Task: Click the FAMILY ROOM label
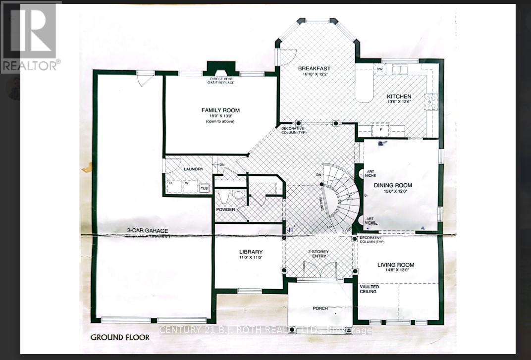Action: (x=220, y=110)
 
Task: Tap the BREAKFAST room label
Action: (x=314, y=68)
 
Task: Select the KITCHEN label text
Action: (x=399, y=96)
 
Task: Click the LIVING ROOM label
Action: (x=396, y=265)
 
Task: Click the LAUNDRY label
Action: (x=193, y=169)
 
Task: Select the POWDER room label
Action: (x=225, y=209)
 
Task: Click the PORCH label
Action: (x=320, y=309)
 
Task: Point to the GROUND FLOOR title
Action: (x=119, y=338)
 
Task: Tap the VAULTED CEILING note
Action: (x=370, y=289)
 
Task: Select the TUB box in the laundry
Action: (x=204, y=188)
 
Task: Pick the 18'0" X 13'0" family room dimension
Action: (x=220, y=116)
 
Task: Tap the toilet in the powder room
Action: (x=222, y=198)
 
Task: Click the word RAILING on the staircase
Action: (x=321, y=204)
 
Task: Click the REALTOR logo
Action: (x=31, y=36)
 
